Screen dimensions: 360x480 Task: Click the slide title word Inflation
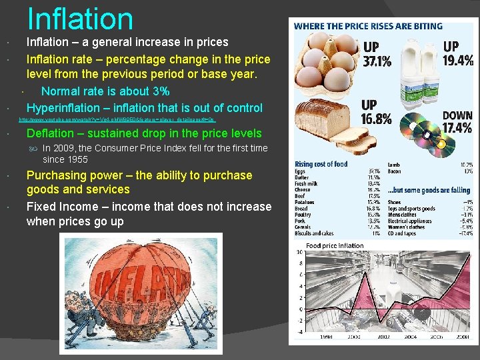click(80, 19)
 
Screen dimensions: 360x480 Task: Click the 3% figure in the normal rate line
click(160, 91)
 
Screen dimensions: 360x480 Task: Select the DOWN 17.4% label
click(457, 122)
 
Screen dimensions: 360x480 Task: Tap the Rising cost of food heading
click(321, 164)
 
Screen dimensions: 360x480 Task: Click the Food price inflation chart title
click(335, 245)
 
